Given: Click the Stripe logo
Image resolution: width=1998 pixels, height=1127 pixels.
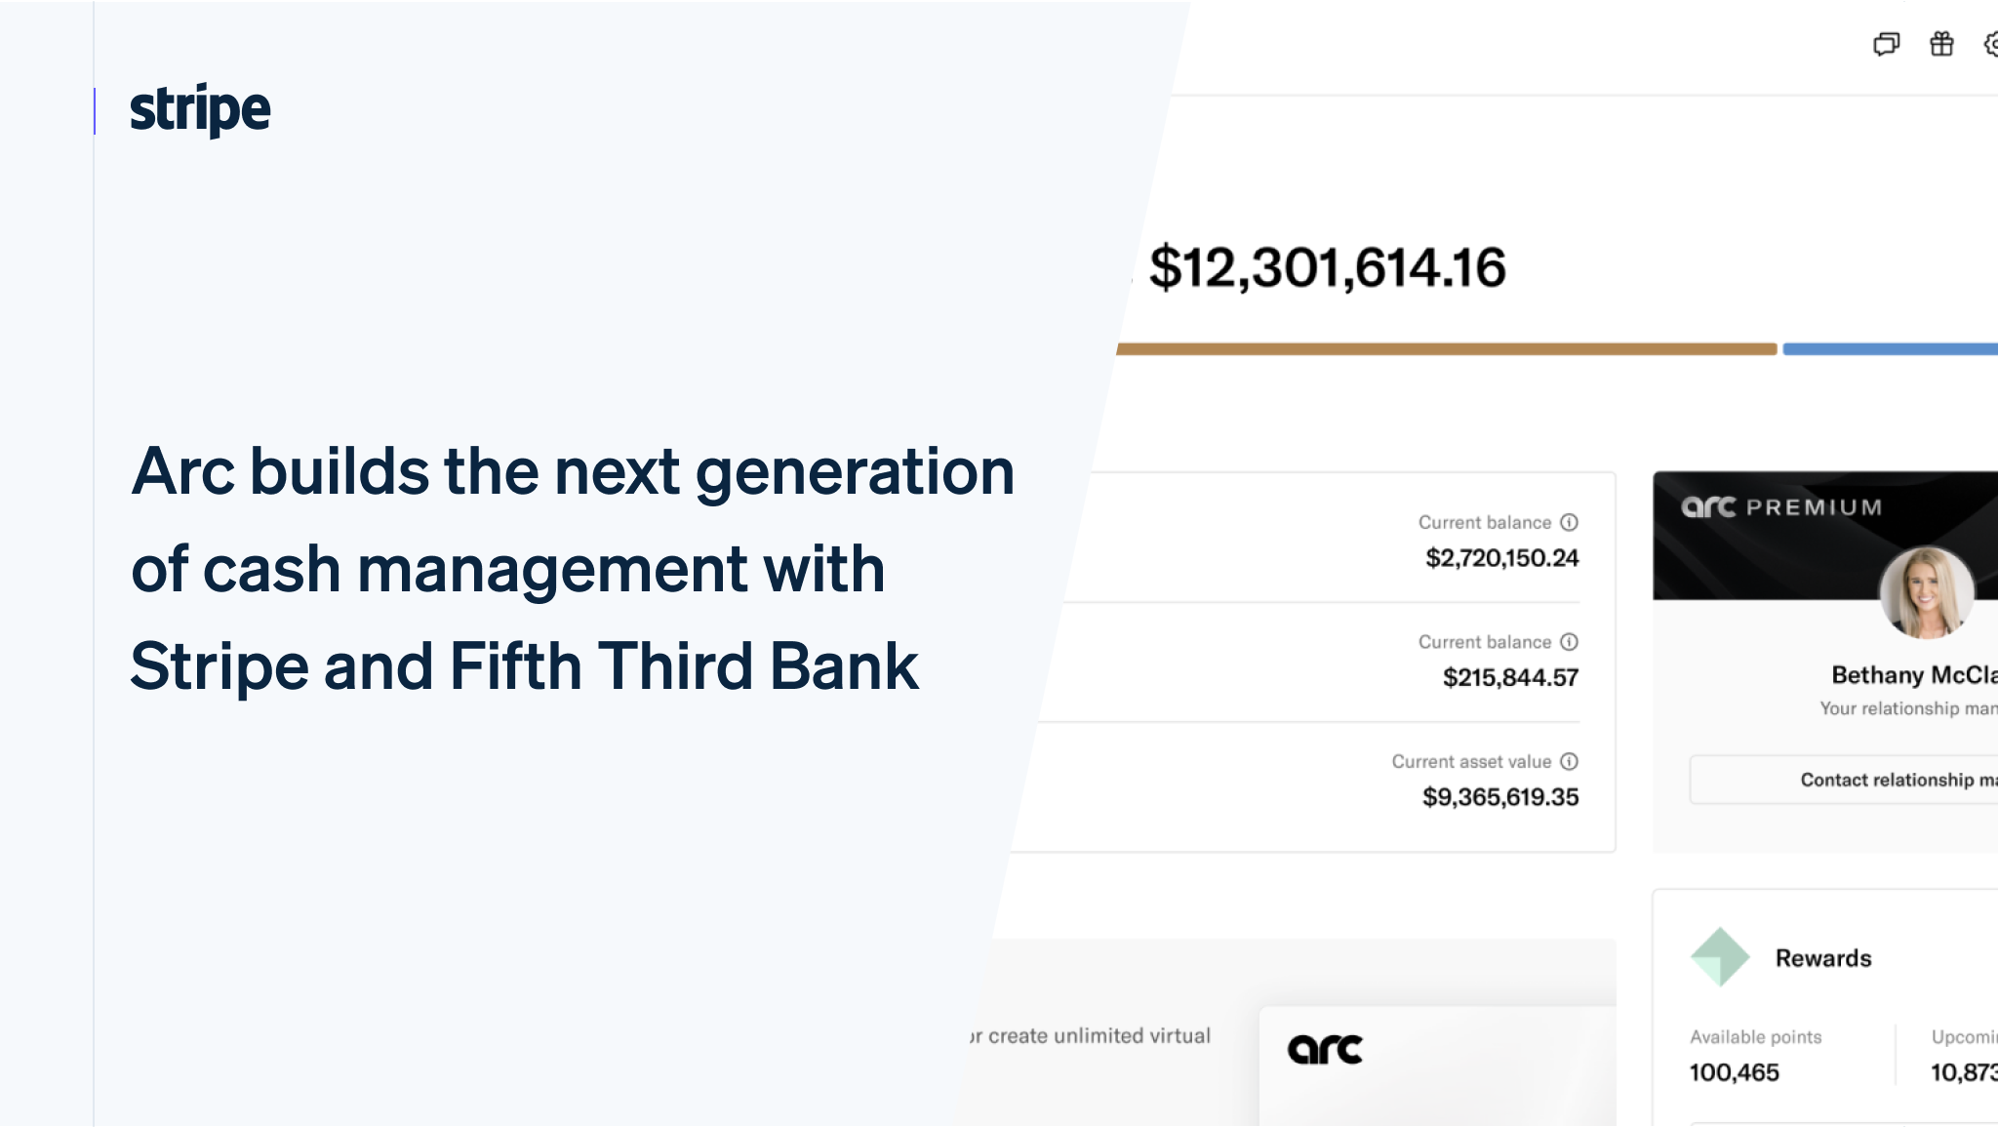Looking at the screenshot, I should (x=200, y=109).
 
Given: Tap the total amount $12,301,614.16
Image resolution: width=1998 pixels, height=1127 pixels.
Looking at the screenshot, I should (x=1327, y=267).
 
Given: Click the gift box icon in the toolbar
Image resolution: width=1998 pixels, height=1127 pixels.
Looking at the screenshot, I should (x=1941, y=44).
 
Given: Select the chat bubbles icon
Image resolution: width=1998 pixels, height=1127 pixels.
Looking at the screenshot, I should (x=1886, y=44).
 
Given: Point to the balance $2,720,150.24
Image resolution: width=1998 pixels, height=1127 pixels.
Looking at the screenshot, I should (x=1501, y=558).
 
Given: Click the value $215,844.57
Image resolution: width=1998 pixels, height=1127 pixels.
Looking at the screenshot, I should (x=1510, y=677).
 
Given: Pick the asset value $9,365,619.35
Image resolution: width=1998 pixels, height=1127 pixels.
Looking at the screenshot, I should (x=1499, y=797).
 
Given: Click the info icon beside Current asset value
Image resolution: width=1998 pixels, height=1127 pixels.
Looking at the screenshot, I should (x=1569, y=761).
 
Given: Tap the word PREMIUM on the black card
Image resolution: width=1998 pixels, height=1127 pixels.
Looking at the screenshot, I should (x=1814, y=507).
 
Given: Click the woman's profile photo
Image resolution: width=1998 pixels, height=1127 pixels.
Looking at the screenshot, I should (x=1927, y=592).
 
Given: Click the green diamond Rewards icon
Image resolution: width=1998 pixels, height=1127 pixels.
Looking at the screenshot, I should (x=1719, y=956).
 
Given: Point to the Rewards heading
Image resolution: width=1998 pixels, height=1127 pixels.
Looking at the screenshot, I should (x=1822, y=958).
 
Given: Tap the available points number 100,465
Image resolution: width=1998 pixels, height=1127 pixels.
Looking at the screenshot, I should (x=1734, y=1072).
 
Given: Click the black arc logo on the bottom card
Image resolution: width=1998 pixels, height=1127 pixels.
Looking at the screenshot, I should (x=1325, y=1049).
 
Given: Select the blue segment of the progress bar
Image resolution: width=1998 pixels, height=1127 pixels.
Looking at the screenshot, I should (x=1890, y=349).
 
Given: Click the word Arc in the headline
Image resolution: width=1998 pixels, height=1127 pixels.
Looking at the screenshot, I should (x=182, y=471).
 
